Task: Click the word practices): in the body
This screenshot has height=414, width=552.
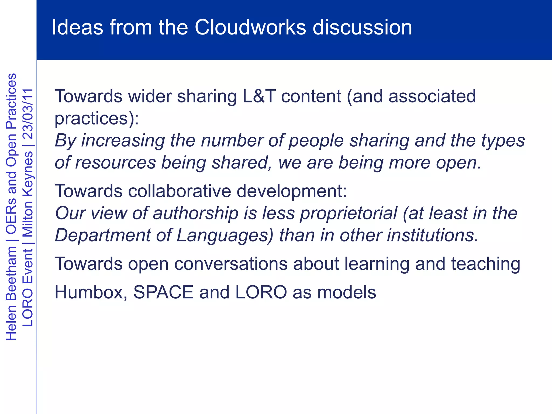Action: click(96, 119)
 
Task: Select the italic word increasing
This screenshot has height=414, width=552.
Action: click(123, 141)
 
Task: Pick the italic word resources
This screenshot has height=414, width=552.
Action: click(115, 163)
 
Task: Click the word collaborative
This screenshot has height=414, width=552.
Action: click(179, 191)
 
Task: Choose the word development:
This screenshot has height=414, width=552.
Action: click(292, 191)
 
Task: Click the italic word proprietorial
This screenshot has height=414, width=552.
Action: click(349, 213)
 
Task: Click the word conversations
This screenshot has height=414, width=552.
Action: click(231, 264)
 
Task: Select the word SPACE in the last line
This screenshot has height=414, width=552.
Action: click(163, 292)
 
